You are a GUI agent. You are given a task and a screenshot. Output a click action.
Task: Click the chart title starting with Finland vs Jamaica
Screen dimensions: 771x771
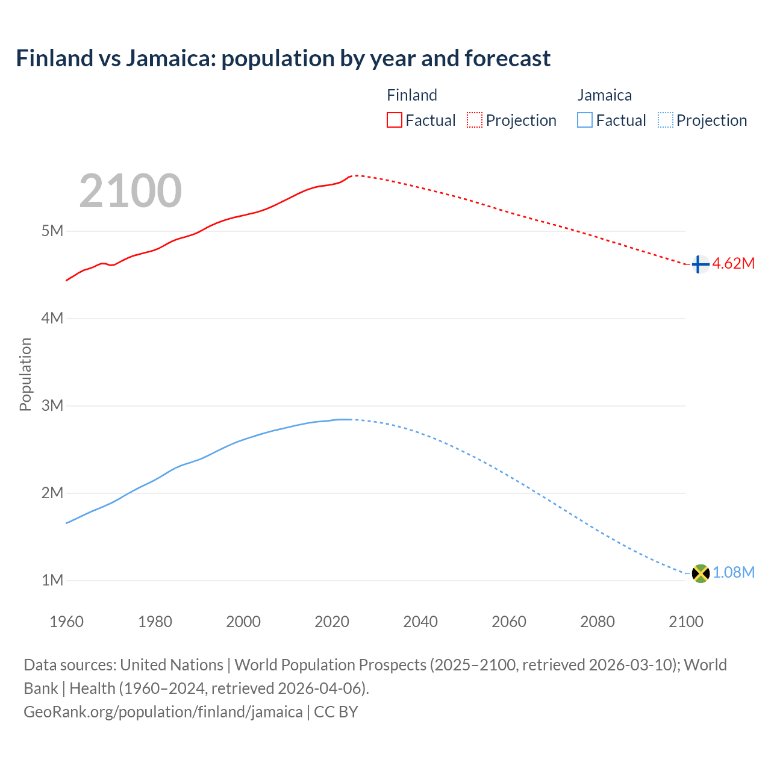(283, 58)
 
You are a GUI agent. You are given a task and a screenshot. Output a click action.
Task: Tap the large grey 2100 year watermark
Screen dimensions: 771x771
(130, 191)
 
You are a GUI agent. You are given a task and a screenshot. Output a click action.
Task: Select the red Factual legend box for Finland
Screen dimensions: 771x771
(394, 120)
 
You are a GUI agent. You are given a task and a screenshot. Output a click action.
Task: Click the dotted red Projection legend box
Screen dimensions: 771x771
(475, 120)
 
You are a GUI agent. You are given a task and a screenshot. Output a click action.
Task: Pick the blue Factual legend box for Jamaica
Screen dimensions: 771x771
(584, 120)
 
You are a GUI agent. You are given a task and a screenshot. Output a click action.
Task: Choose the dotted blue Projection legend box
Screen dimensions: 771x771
(665, 120)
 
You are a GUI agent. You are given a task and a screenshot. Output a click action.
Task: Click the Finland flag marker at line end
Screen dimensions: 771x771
(699, 264)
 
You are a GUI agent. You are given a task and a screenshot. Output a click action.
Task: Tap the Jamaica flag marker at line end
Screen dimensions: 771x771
(700, 573)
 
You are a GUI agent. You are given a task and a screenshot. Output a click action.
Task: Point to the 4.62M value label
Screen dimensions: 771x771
(733, 263)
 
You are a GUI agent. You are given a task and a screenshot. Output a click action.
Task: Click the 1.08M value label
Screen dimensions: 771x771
(733, 572)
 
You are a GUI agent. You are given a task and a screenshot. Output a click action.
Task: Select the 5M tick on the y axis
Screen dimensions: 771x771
(52, 231)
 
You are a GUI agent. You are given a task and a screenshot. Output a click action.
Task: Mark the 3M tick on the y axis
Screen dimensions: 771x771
(52, 405)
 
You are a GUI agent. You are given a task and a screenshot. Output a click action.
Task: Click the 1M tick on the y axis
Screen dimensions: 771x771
(52, 580)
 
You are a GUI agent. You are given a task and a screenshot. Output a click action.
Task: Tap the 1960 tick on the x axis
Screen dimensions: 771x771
(66, 622)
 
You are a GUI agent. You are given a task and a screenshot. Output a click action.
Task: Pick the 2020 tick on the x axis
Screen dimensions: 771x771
(332, 622)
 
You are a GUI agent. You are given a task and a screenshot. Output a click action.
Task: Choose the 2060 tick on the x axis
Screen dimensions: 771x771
(509, 622)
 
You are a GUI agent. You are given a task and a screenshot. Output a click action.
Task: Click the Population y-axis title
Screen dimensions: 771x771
(25, 374)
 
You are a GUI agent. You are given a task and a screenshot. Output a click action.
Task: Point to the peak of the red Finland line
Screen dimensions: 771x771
(354, 175)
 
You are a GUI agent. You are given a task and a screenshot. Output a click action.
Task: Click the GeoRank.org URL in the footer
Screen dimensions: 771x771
(163, 712)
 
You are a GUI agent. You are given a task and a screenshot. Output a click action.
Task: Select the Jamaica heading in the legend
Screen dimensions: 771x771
(604, 95)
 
